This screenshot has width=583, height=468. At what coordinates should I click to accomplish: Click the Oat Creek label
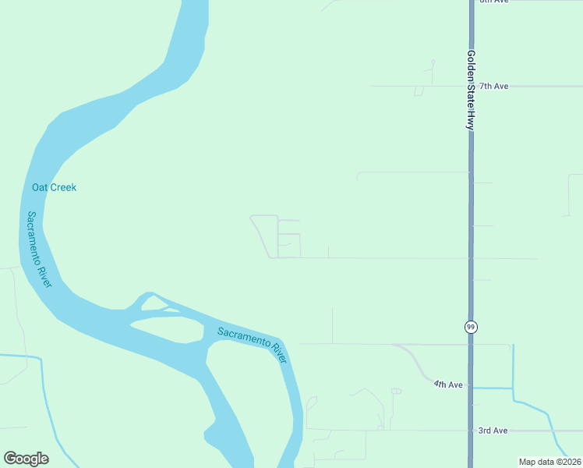(54, 187)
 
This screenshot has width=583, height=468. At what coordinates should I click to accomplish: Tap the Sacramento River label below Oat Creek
(40, 250)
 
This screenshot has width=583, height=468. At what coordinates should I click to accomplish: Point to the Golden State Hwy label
(471, 90)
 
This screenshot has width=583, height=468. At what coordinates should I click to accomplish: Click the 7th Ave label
(493, 86)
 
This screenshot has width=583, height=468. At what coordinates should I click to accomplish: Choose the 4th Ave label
(449, 385)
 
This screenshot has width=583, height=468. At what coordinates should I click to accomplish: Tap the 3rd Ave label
(493, 431)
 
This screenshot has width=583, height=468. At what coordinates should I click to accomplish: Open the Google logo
(26, 459)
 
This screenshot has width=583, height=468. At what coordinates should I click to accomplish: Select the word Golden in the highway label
(471, 66)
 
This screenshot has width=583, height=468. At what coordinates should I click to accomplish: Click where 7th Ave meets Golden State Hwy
(471, 86)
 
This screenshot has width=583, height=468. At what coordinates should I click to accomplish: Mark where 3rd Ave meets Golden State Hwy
(471, 431)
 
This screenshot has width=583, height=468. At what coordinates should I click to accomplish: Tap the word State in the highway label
(471, 96)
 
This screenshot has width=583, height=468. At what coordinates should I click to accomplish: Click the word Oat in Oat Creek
(39, 187)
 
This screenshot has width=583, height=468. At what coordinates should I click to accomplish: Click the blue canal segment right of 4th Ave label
(491, 388)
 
